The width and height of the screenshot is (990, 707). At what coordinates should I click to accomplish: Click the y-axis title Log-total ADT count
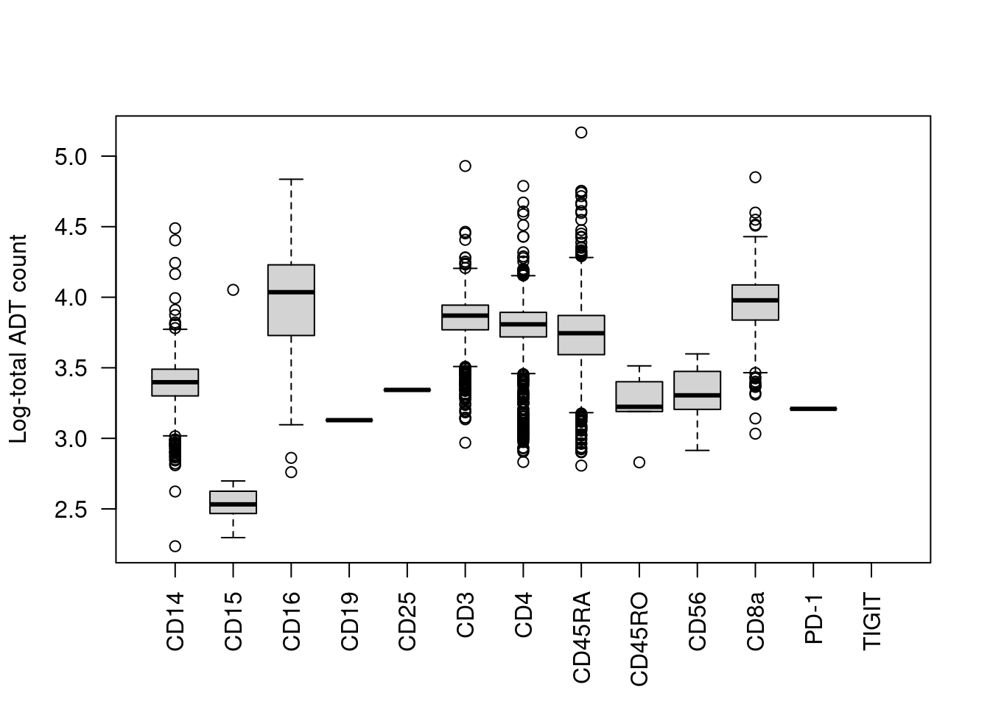pyautogui.click(x=19, y=339)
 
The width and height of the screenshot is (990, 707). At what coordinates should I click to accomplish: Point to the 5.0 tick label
pyautogui.click(x=71, y=157)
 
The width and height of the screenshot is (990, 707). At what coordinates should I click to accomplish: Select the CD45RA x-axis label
pyautogui.click(x=581, y=638)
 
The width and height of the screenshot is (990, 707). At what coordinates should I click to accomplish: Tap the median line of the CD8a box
pyautogui.click(x=755, y=300)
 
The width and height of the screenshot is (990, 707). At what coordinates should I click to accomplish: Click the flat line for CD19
pyautogui.click(x=349, y=420)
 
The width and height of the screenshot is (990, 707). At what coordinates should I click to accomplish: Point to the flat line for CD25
pyautogui.click(x=407, y=390)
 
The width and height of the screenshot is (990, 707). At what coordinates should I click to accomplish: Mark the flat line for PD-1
pyautogui.click(x=813, y=409)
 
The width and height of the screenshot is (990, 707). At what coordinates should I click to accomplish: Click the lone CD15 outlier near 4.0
pyautogui.click(x=233, y=289)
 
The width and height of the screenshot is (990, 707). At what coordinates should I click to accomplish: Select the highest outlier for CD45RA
pyautogui.click(x=581, y=133)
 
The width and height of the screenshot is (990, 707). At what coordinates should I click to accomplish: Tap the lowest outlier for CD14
pyautogui.click(x=175, y=546)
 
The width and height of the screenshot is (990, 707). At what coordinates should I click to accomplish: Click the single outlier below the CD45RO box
pyautogui.click(x=639, y=462)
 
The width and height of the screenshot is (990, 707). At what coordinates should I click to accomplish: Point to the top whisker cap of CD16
pyautogui.click(x=291, y=179)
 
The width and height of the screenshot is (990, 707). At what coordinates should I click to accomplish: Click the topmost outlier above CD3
pyautogui.click(x=466, y=166)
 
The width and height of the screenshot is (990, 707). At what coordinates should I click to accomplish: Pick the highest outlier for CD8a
pyautogui.click(x=755, y=177)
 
